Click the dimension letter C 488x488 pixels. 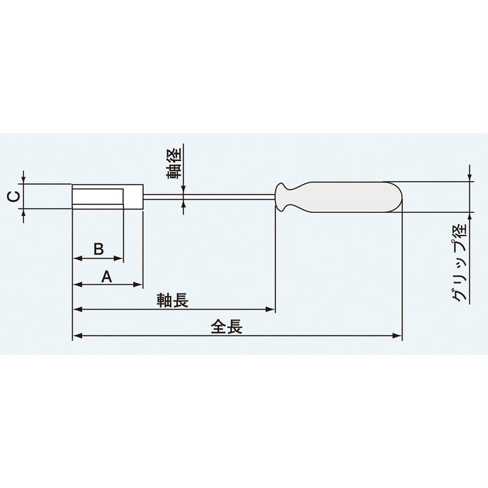pos(12,197)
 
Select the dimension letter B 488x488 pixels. pos(98,248)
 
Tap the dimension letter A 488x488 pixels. pos(107,276)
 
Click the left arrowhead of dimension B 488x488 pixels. pos(77,259)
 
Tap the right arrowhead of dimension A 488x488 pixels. pos(139,284)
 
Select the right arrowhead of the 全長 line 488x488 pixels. pos(399,336)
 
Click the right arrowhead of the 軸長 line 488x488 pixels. pos(272,309)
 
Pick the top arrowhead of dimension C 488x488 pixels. pos(24,181)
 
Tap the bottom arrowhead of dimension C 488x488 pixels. pos(24,212)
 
